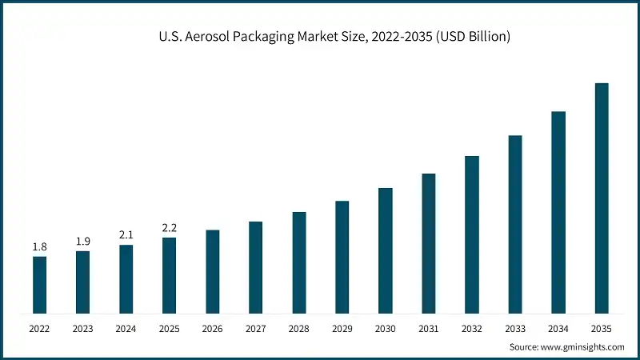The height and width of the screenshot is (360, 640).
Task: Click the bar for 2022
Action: (39, 284)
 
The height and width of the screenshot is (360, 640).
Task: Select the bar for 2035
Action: (602, 198)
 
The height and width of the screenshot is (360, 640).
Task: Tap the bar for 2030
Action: (386, 250)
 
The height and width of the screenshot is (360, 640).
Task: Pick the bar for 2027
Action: (255, 266)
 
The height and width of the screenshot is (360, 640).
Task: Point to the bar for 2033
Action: (515, 224)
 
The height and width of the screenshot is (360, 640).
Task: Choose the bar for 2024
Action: (126, 278)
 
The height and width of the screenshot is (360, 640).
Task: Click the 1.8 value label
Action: (39, 247)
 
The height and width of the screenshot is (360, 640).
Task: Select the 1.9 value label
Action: (82, 242)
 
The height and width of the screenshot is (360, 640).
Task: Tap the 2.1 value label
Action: (126, 235)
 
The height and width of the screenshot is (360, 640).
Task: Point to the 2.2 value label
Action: (169, 228)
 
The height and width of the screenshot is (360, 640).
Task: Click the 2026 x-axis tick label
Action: (212, 328)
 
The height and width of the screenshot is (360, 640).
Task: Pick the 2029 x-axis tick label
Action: (342, 328)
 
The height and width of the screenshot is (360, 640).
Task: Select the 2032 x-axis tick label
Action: (472, 328)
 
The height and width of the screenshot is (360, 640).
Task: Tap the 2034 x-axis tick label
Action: (558, 328)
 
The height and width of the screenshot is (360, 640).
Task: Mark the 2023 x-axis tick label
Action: (82, 328)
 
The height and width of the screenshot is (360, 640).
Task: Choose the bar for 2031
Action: (429, 242)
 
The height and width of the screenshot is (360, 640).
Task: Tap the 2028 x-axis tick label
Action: (298, 328)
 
